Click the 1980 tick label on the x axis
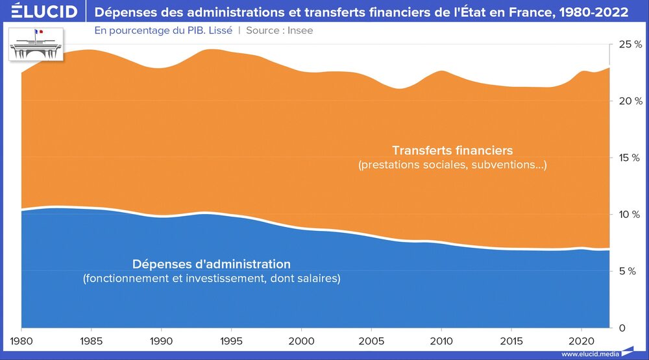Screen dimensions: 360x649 tap(21, 340)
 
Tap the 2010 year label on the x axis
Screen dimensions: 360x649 tap(441, 340)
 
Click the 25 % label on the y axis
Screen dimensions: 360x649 tap(630, 44)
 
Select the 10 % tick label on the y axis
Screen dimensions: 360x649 tap(630, 215)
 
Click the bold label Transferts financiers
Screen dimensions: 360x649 tap(452, 151)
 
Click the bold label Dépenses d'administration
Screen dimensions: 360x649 tap(212, 264)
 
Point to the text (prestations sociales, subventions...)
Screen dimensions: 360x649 tap(452, 165)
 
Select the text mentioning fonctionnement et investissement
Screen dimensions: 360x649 tap(212, 278)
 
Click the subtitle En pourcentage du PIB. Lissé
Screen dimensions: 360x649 tap(163, 30)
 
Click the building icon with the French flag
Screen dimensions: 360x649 tap(36, 44)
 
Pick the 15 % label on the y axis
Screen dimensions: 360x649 tap(630, 158)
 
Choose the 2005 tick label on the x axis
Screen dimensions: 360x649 tap(371, 340)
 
